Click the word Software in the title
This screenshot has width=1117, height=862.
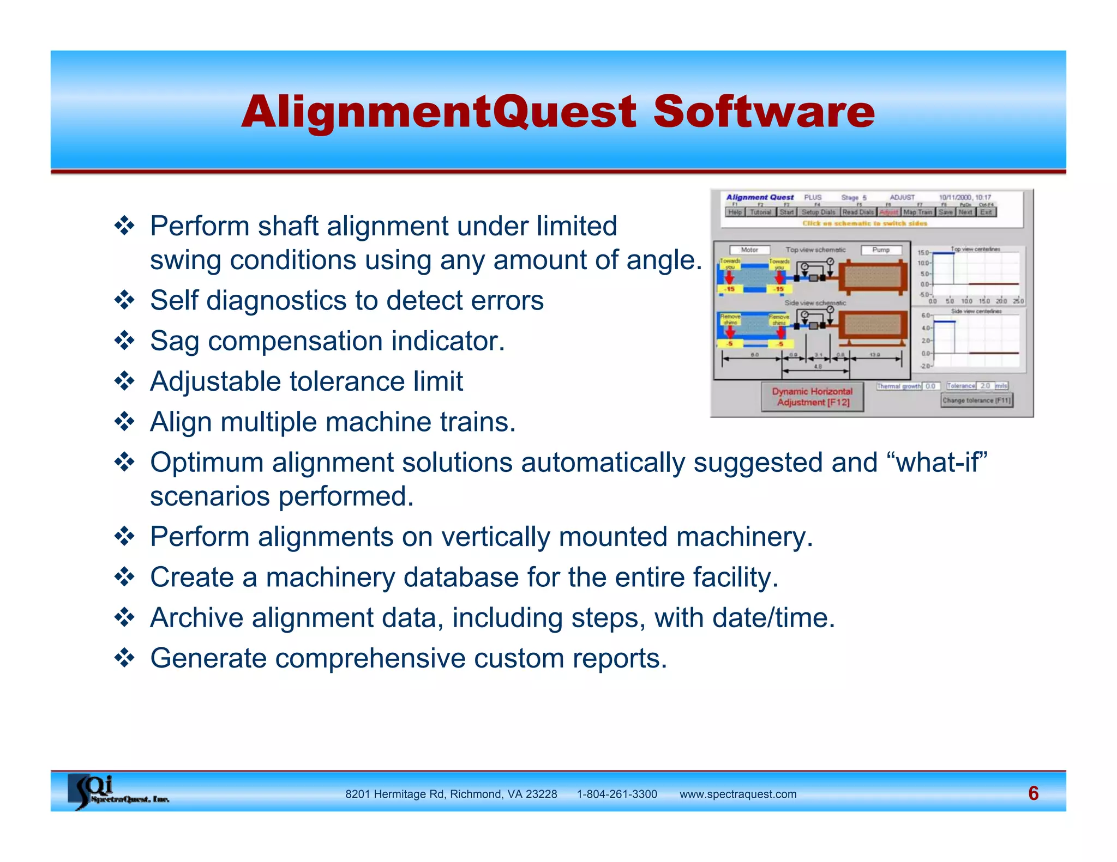(x=764, y=112)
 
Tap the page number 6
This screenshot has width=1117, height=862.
(x=1033, y=793)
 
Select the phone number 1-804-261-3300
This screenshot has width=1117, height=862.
(x=617, y=794)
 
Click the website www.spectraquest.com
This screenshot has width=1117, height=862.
(x=737, y=794)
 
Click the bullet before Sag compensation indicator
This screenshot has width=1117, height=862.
(x=125, y=341)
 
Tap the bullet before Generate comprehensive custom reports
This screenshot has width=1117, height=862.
(x=125, y=658)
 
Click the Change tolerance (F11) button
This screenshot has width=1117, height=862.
(x=976, y=400)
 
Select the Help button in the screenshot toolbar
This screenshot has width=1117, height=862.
(x=735, y=213)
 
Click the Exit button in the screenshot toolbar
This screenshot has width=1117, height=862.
(x=986, y=213)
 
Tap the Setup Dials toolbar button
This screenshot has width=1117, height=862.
(x=818, y=213)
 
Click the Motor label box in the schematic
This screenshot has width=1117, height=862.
(x=749, y=250)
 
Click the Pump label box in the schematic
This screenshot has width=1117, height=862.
(x=880, y=250)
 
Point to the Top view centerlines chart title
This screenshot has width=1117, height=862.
(x=975, y=249)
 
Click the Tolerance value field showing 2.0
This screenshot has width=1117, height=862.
(x=985, y=386)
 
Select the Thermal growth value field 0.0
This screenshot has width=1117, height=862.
(x=930, y=386)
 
